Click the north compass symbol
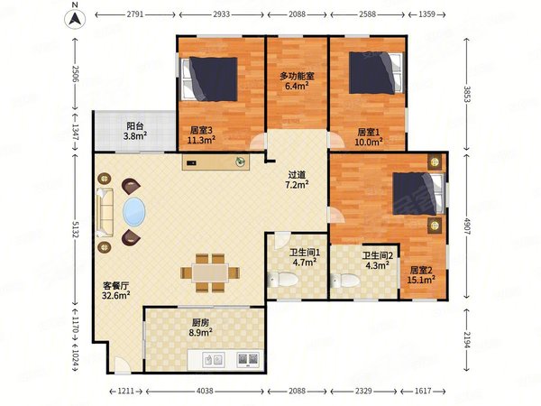[x=75, y=19]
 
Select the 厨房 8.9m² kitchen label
[x=200, y=328]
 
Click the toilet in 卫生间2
[x=345, y=281]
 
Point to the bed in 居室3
[x=210, y=79]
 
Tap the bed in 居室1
[x=376, y=73]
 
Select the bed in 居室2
[x=418, y=194]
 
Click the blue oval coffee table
[x=133, y=212]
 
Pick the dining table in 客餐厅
[x=210, y=273]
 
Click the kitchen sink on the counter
[x=214, y=360]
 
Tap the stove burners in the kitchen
[x=248, y=359]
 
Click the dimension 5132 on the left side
[x=75, y=228]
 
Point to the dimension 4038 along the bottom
[x=205, y=392]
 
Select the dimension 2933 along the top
[x=222, y=14]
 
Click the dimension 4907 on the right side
[x=467, y=226]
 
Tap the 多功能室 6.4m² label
[x=297, y=81]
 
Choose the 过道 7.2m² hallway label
[x=297, y=180]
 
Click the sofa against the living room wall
[x=105, y=212]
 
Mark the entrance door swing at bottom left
[x=122, y=365]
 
